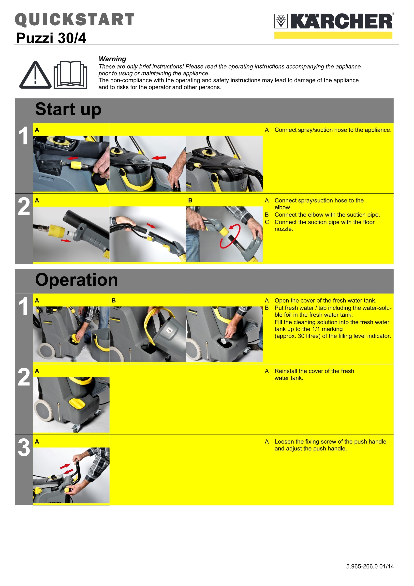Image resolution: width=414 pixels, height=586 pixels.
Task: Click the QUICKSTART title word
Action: pyautogui.click(x=74, y=20)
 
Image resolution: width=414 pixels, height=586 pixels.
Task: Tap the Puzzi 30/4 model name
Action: pyautogui.click(x=51, y=38)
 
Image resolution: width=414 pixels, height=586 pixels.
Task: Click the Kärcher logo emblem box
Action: pyautogui.click(x=281, y=21)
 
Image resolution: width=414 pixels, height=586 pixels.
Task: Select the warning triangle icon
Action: pyautogui.click(x=35, y=76)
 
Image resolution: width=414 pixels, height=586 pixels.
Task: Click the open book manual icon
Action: pyautogui.click(x=70, y=75)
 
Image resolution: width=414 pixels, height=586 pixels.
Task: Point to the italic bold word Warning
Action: pyautogui.click(x=112, y=59)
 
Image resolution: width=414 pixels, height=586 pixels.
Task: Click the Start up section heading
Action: pyautogui.click(x=68, y=109)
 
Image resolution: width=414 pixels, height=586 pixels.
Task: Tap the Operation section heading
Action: pyautogui.click(x=76, y=280)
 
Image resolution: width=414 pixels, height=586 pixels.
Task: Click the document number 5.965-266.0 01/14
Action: pyautogui.click(x=370, y=566)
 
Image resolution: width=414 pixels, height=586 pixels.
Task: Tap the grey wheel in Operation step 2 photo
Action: pyautogui.click(x=44, y=411)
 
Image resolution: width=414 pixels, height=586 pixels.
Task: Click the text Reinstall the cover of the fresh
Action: pyautogui.click(x=314, y=371)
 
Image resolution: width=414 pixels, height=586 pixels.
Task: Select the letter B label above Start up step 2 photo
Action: pyautogui.click(x=190, y=200)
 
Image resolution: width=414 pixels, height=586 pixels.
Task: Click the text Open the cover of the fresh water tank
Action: pyautogui.click(x=325, y=301)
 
